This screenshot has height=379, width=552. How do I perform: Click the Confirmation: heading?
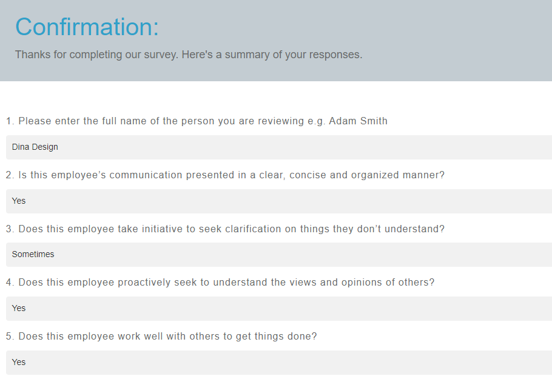pyautogui.click(x=87, y=27)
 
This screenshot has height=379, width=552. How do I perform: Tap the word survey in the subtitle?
pyautogui.click(x=160, y=55)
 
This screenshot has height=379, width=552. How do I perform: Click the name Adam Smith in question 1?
pyautogui.click(x=358, y=121)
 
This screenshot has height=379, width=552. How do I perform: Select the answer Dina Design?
pyautogui.click(x=35, y=147)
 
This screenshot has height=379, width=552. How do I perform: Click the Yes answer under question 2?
pyautogui.click(x=19, y=201)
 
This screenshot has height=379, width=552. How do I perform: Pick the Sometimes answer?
pyautogui.click(x=33, y=255)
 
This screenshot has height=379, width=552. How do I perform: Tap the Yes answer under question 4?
pyautogui.click(x=19, y=308)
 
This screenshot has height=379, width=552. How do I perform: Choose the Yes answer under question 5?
pyautogui.click(x=19, y=362)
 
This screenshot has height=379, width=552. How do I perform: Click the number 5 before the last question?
pyautogui.click(x=9, y=336)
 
